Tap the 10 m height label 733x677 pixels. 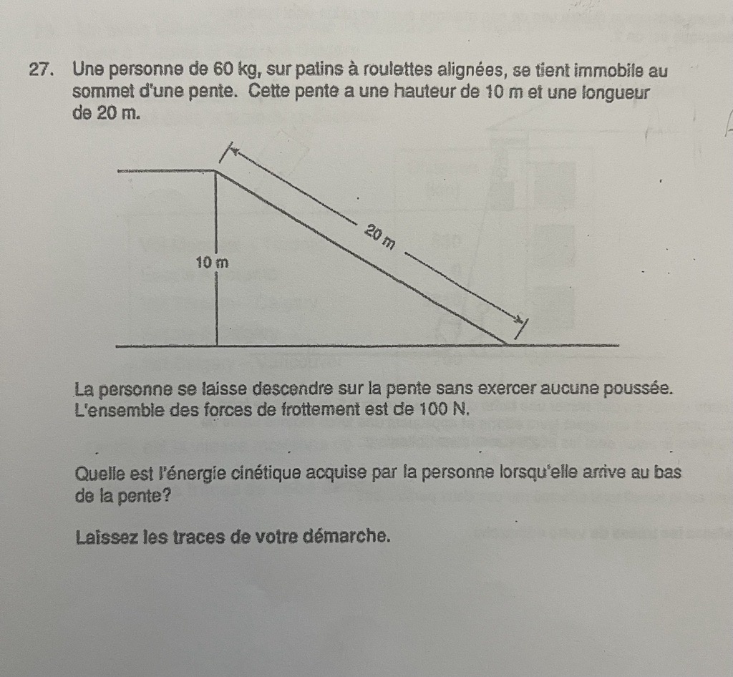tap(212, 263)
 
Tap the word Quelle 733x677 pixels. tap(97, 473)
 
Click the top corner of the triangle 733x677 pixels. tap(216, 171)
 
